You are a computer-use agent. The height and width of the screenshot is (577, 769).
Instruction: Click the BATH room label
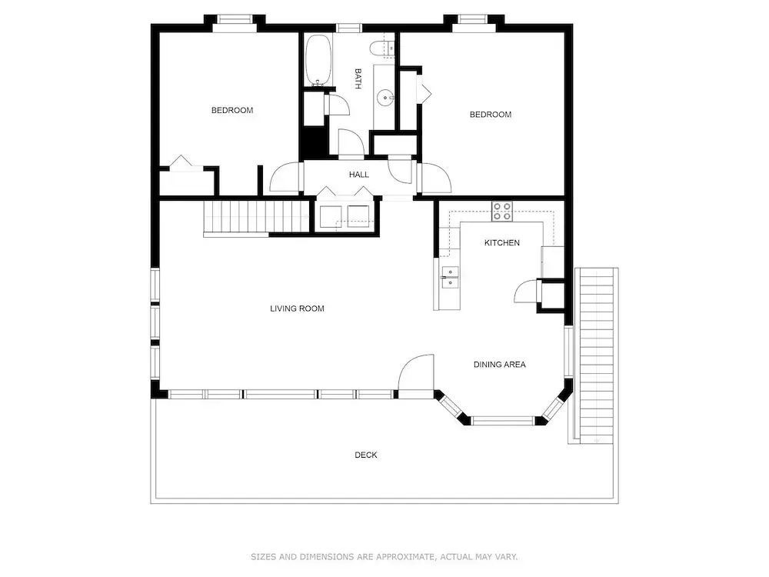click(358, 78)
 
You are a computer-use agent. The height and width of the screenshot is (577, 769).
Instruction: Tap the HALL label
click(359, 175)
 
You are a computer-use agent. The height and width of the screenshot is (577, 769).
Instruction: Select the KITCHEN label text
click(501, 242)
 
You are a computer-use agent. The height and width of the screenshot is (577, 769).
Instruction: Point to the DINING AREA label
click(499, 365)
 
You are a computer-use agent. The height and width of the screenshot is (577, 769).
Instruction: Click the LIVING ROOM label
click(297, 309)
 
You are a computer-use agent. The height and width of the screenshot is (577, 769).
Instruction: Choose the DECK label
click(366, 455)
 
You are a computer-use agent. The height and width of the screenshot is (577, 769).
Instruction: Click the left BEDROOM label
click(232, 110)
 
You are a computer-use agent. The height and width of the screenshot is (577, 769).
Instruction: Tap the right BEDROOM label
click(491, 115)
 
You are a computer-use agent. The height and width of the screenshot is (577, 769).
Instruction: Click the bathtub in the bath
click(318, 60)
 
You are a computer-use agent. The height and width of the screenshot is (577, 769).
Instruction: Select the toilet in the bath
click(382, 48)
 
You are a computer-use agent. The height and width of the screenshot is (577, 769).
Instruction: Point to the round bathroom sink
click(385, 98)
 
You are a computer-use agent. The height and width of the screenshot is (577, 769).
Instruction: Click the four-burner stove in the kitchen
click(502, 212)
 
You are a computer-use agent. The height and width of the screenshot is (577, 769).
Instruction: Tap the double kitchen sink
click(450, 278)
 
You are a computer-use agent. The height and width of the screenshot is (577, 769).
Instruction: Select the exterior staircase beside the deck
click(597, 355)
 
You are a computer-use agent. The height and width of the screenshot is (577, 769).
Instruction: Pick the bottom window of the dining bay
click(503, 421)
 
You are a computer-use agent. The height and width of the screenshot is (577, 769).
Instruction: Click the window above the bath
click(348, 28)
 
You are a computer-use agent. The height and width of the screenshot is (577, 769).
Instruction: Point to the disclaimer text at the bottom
click(384, 557)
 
